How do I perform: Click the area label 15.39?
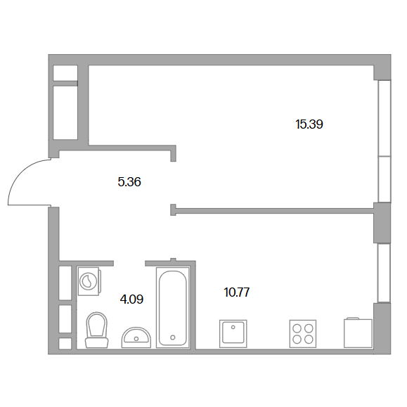point(309,124)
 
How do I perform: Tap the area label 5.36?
point(129,182)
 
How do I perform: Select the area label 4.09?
point(131,299)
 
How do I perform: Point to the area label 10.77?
point(237,292)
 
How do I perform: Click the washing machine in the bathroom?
point(89,281)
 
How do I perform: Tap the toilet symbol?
point(96,330)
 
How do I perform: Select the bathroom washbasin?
point(136,337)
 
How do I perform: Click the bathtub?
point(173,308)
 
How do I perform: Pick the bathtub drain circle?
point(173,337)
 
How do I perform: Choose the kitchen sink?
point(233,333)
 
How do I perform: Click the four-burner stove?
point(303,333)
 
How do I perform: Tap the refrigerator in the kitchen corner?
point(358,332)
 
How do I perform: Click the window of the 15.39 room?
point(385,141)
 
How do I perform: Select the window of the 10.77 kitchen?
point(385,273)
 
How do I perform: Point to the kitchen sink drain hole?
point(233,328)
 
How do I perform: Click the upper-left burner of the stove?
point(297,328)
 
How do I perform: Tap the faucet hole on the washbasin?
point(136,338)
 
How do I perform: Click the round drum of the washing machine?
point(89,281)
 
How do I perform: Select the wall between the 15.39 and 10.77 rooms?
point(275,210)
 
